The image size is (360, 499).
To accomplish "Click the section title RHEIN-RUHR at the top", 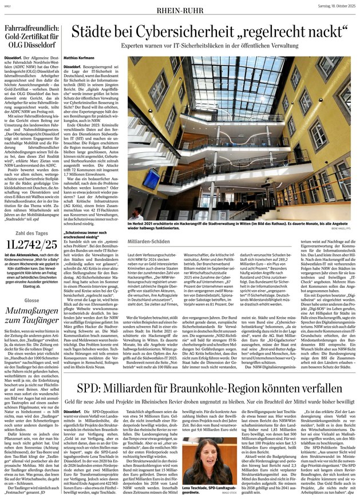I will pos(180,8).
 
